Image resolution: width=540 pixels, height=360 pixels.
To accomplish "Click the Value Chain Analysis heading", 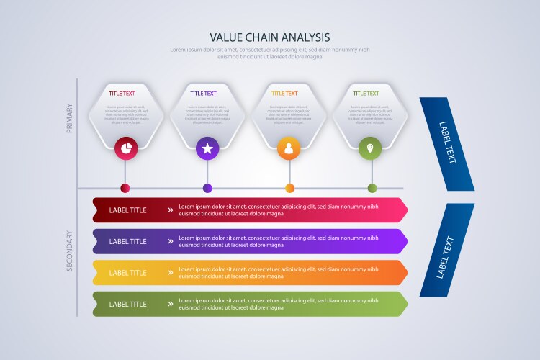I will (270, 37).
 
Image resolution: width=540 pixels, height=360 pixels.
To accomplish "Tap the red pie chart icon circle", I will (126, 148).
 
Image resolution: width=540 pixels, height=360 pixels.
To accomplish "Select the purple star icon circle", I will (207, 148).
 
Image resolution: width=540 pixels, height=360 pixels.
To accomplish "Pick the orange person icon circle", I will (289, 148).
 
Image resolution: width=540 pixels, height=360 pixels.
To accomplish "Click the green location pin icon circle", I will (370, 148).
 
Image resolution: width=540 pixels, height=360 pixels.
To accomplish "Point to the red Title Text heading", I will (122, 94).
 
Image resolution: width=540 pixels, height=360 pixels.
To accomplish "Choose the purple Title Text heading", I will (203, 94).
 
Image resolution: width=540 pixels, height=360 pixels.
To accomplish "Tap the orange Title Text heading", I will (284, 94).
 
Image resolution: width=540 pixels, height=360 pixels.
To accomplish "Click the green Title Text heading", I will (366, 94).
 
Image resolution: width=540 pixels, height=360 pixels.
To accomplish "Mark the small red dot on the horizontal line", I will (125, 189).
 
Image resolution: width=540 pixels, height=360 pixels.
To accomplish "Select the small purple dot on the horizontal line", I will (207, 189).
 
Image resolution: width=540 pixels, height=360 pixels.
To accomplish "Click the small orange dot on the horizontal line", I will (289, 189).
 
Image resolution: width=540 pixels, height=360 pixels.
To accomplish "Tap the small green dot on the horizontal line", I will (372, 189).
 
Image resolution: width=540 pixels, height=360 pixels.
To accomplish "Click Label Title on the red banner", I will (128, 210).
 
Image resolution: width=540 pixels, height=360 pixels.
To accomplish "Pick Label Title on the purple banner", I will (128, 242).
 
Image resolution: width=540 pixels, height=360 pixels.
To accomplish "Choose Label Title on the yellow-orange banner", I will (128, 273).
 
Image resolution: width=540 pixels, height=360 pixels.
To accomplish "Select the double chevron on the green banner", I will (171, 304).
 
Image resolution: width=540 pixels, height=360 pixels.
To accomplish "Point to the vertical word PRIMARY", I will (70, 117).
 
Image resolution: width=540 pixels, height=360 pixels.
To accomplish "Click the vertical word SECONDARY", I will (70, 251).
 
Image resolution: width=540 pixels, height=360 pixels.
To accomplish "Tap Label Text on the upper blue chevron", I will (448, 142).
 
